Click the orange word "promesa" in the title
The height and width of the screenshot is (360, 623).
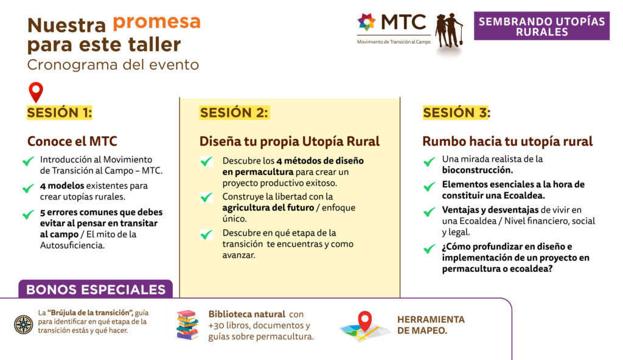[156, 23]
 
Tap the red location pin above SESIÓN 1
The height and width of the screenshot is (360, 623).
[36, 92]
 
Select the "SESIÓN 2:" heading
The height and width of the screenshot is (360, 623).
[234, 113]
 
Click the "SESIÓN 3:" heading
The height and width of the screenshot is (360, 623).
[456, 113]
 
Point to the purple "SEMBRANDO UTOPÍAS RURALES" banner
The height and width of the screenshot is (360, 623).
[541, 26]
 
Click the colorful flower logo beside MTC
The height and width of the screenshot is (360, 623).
[366, 22]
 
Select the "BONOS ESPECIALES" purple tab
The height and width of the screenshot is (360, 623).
[96, 289]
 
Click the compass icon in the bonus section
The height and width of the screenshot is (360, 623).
[24, 324]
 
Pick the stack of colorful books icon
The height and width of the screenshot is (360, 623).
[187, 325]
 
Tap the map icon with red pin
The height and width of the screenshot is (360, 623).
[364, 327]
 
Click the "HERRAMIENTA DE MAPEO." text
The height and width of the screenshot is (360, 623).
[431, 325]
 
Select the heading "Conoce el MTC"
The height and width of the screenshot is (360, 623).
[72, 142]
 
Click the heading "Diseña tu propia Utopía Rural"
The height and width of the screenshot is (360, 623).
[290, 142]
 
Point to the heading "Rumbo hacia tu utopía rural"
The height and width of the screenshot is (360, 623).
[507, 142]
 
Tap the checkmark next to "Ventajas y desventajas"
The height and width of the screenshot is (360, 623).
[429, 212]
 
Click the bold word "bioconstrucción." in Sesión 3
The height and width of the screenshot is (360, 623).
[478, 170]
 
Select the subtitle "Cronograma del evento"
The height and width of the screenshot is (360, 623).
[113, 65]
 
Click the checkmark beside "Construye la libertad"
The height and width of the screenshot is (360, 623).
[207, 197]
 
